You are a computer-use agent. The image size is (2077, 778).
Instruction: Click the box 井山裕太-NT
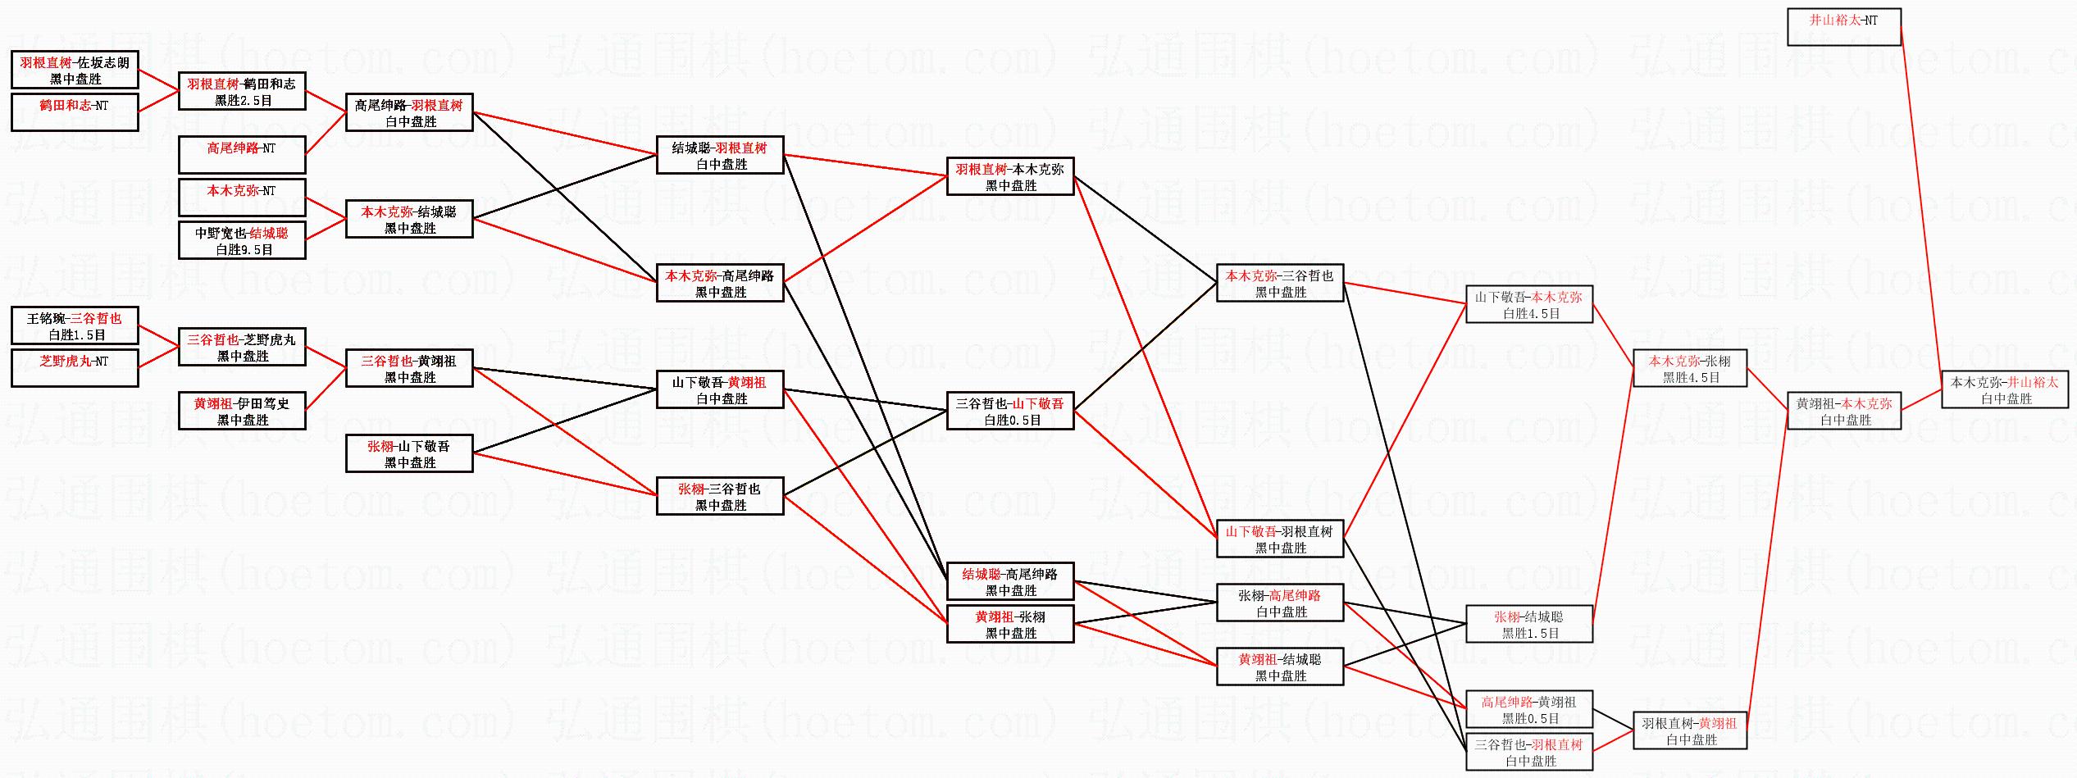(x=1843, y=27)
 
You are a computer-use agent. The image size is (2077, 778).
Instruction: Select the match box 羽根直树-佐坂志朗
(x=75, y=71)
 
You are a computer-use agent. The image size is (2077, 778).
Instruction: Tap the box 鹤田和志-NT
(x=75, y=112)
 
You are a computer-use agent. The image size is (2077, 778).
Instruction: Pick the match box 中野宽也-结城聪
(x=242, y=241)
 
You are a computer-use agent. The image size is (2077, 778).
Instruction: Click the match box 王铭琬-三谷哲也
(x=75, y=326)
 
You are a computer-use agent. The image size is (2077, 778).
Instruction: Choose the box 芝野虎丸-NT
(x=75, y=368)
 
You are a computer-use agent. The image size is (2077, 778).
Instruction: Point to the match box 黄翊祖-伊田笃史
(x=242, y=412)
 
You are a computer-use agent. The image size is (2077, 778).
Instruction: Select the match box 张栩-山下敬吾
(x=409, y=454)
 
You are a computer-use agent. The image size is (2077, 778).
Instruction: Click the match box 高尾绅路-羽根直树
(x=409, y=113)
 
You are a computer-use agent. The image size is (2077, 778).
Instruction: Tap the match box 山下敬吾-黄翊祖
(x=720, y=390)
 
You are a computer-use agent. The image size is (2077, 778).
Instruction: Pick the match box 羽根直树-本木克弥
(x=1010, y=177)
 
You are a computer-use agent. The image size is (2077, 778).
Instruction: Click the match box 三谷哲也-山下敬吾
(x=1010, y=412)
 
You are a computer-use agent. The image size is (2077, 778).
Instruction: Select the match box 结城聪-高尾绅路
(x=1010, y=581)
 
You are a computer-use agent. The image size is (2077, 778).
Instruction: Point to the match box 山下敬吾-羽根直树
(x=1279, y=539)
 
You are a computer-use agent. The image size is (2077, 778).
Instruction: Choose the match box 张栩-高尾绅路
(x=1279, y=603)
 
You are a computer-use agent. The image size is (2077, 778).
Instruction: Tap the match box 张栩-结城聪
(x=1528, y=625)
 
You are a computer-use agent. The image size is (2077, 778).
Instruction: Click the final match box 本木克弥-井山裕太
(x=2004, y=390)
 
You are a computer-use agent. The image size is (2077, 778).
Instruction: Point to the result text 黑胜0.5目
(x=1530, y=719)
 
